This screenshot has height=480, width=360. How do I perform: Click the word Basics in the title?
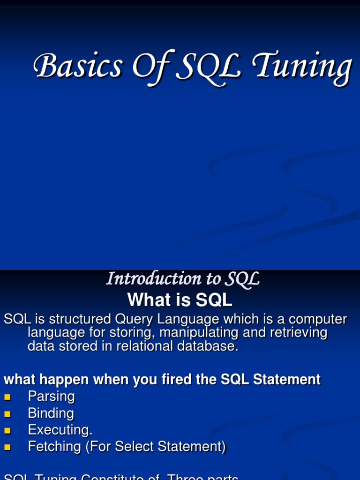pos(77,66)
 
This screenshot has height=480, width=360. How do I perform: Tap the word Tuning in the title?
pos(302,67)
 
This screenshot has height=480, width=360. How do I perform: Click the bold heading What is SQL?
pos(180,300)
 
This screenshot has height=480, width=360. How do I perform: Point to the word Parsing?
pos(51,397)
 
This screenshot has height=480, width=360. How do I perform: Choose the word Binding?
pos(51,413)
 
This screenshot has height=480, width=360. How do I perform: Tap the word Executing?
pos(60,430)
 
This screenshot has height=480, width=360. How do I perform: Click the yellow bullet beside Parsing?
pos(7,397)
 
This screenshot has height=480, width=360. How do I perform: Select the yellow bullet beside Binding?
pos(7,414)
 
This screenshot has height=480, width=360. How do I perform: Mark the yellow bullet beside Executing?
pos(7,431)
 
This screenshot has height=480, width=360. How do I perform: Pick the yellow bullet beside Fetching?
pos(7,447)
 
